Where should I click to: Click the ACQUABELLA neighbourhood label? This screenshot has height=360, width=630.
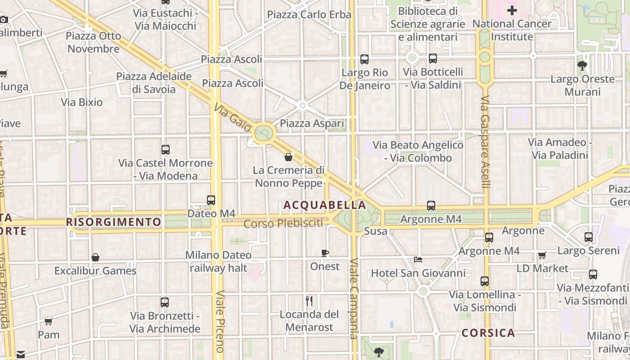coord(324,205)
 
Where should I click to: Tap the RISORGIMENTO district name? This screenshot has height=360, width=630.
coord(113,222)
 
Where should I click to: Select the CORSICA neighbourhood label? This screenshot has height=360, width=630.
coord(488,333)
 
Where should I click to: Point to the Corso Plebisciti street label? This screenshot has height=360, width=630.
coord(283,223)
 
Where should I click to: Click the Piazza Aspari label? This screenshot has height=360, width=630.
coord(312,123)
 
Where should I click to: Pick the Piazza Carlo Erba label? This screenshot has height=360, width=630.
coord(309,14)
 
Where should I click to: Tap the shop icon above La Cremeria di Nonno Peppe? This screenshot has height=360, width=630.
coord(288,157)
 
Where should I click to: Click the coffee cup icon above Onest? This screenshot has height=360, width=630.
coord(325,253)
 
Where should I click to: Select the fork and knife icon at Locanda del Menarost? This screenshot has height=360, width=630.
coord(309,301)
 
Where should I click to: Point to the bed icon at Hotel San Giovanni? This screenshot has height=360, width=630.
coord(418,260)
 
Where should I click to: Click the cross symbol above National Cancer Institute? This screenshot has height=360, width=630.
coord(512,10)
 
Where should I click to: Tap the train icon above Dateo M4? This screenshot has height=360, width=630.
coord(211,200)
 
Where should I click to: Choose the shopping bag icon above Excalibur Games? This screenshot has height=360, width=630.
coord(95,257)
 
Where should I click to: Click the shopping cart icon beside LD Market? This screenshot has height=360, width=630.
coord(542,255)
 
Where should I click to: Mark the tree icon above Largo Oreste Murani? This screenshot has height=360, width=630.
coord(582,66)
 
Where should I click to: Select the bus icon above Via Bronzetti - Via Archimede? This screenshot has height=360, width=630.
coord(165,302)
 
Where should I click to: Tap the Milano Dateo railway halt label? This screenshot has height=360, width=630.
coord(219,261)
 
